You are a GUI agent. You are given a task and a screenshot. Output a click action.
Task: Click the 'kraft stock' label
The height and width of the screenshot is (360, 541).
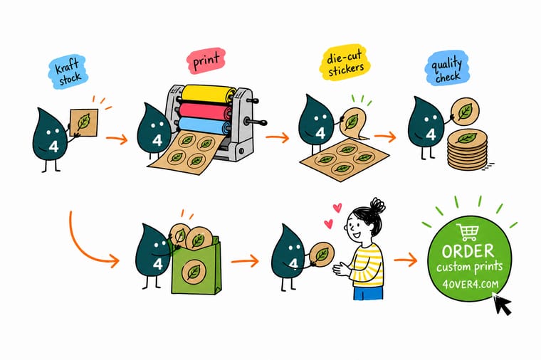(x=68, y=72)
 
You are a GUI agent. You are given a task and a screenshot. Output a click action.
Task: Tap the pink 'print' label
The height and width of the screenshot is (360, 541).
(x=206, y=60)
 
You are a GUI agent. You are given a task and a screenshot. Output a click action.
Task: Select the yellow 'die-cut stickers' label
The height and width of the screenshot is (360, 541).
(x=345, y=63)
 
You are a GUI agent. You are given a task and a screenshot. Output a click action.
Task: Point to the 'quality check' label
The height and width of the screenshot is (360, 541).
(x=447, y=68)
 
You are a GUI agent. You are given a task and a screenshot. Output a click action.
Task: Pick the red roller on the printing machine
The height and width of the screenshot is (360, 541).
(x=206, y=111)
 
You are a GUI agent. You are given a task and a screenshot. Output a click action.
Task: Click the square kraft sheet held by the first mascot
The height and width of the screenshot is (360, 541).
(x=84, y=122)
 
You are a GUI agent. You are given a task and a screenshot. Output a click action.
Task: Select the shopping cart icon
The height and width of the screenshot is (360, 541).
(x=468, y=232)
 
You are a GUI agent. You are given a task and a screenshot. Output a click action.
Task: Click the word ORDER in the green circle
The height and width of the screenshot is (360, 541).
(x=468, y=251)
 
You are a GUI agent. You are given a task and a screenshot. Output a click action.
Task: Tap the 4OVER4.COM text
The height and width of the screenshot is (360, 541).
(x=471, y=284)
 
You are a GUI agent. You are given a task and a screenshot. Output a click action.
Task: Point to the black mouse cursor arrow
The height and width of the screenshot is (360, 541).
(x=502, y=304)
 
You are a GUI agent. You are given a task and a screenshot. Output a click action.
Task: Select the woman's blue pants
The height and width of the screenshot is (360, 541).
(x=368, y=292)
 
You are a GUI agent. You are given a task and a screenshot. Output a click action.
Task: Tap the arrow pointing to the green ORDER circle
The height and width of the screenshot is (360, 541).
(x=406, y=260)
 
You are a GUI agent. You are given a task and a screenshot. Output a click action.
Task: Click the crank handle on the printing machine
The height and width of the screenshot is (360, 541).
(x=256, y=122)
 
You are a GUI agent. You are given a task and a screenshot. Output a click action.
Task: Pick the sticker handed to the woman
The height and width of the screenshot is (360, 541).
(x=322, y=255)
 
